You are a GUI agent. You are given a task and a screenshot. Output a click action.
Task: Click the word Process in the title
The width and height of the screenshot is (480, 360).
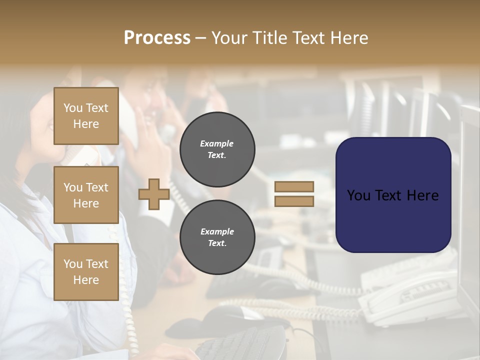[x=157, y=38]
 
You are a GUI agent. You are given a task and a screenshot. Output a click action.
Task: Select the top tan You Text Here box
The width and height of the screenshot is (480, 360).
[x=86, y=116]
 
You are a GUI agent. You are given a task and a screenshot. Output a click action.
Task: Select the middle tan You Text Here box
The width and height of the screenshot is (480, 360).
[x=86, y=195]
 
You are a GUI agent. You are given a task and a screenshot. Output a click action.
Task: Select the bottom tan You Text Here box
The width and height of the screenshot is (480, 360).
[x=86, y=271]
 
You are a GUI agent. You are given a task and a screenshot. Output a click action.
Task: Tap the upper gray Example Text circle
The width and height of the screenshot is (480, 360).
[x=217, y=149]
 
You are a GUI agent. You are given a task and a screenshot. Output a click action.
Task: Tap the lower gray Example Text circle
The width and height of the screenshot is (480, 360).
[x=217, y=237]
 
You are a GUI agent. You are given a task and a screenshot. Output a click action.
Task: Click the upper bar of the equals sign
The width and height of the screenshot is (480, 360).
[x=294, y=187]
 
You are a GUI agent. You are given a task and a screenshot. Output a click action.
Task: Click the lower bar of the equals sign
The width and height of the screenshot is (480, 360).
[x=294, y=201]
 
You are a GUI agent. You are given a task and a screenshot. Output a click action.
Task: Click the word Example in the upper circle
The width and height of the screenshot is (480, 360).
[x=216, y=143]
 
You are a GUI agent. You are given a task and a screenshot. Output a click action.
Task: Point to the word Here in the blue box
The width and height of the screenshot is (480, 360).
[x=422, y=195]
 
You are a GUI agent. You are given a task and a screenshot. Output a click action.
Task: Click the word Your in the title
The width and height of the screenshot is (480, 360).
[x=227, y=38]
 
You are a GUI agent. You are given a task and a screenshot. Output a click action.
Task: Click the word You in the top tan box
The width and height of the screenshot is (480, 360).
[x=72, y=108]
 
